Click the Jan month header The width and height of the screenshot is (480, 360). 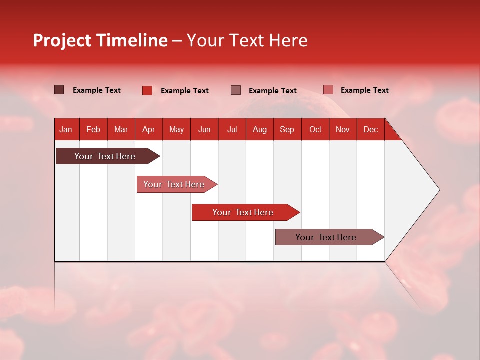click(x=66, y=129)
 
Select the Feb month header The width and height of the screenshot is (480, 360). click(x=93, y=129)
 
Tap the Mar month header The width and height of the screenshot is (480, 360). click(x=121, y=129)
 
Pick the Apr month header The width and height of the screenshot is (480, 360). click(x=148, y=129)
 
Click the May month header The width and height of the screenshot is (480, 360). click(x=176, y=129)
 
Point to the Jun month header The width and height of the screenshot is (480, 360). click(x=204, y=129)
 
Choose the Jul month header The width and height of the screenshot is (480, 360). click(x=232, y=129)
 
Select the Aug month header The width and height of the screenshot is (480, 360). click(x=259, y=129)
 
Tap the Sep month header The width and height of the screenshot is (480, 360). click(x=287, y=129)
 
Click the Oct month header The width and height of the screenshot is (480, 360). click(x=315, y=129)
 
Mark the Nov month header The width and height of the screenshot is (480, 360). click(x=343, y=129)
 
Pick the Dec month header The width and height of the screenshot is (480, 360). click(x=370, y=129)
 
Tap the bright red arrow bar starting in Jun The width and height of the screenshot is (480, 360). click(x=243, y=212)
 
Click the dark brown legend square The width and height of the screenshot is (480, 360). click(x=59, y=90)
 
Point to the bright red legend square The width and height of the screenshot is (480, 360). click(x=147, y=90)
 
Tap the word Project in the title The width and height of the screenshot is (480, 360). click(x=62, y=40)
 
